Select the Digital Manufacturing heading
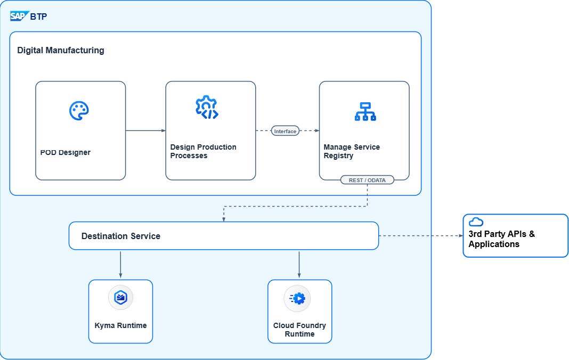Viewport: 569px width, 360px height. pos(61,51)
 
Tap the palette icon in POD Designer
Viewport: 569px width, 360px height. pos(79,111)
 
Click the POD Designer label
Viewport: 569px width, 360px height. pos(65,152)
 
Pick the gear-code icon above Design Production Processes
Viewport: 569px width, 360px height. pos(207,108)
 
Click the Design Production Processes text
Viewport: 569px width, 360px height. pos(203,151)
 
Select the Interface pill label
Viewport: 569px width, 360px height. pos(285,131)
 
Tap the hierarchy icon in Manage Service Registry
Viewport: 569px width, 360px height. pos(365,111)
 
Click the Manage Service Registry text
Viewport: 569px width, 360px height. pos(352,151)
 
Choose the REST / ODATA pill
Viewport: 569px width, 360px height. pos(367,180)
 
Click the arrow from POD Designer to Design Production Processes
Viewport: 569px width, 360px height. pos(145,130)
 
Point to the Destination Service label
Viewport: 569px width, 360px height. pos(120,236)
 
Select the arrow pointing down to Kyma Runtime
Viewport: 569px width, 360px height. pos(120,264)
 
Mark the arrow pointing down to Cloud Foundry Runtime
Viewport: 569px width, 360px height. pos(299,264)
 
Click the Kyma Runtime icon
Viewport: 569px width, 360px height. pos(120,297)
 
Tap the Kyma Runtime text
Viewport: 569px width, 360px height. pos(120,325)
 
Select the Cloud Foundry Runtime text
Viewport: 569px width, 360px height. pos(299,330)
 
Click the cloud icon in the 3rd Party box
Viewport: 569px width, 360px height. pos(476,222)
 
